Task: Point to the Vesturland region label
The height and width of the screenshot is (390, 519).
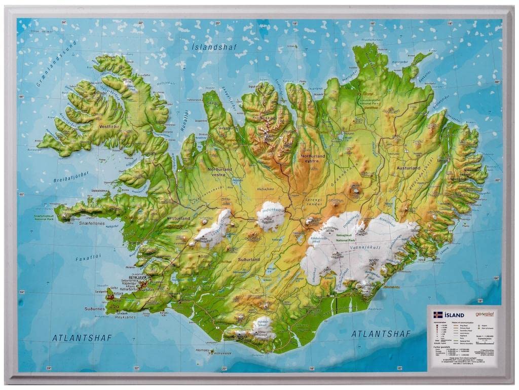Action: pyautogui.click(x=178, y=219)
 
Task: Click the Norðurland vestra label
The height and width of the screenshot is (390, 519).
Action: pyautogui.click(x=219, y=172)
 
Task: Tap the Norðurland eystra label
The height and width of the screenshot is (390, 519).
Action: pyautogui.click(x=313, y=159)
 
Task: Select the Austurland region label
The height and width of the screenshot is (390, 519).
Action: pyautogui.click(x=409, y=168)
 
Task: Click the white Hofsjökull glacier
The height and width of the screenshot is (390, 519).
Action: pyautogui.click(x=271, y=216)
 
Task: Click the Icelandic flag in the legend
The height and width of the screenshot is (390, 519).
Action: pyautogui.click(x=438, y=315)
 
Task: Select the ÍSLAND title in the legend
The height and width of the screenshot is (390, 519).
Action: pyautogui.click(x=454, y=315)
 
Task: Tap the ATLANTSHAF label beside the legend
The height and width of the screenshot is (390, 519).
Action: pyautogui.click(x=381, y=334)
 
